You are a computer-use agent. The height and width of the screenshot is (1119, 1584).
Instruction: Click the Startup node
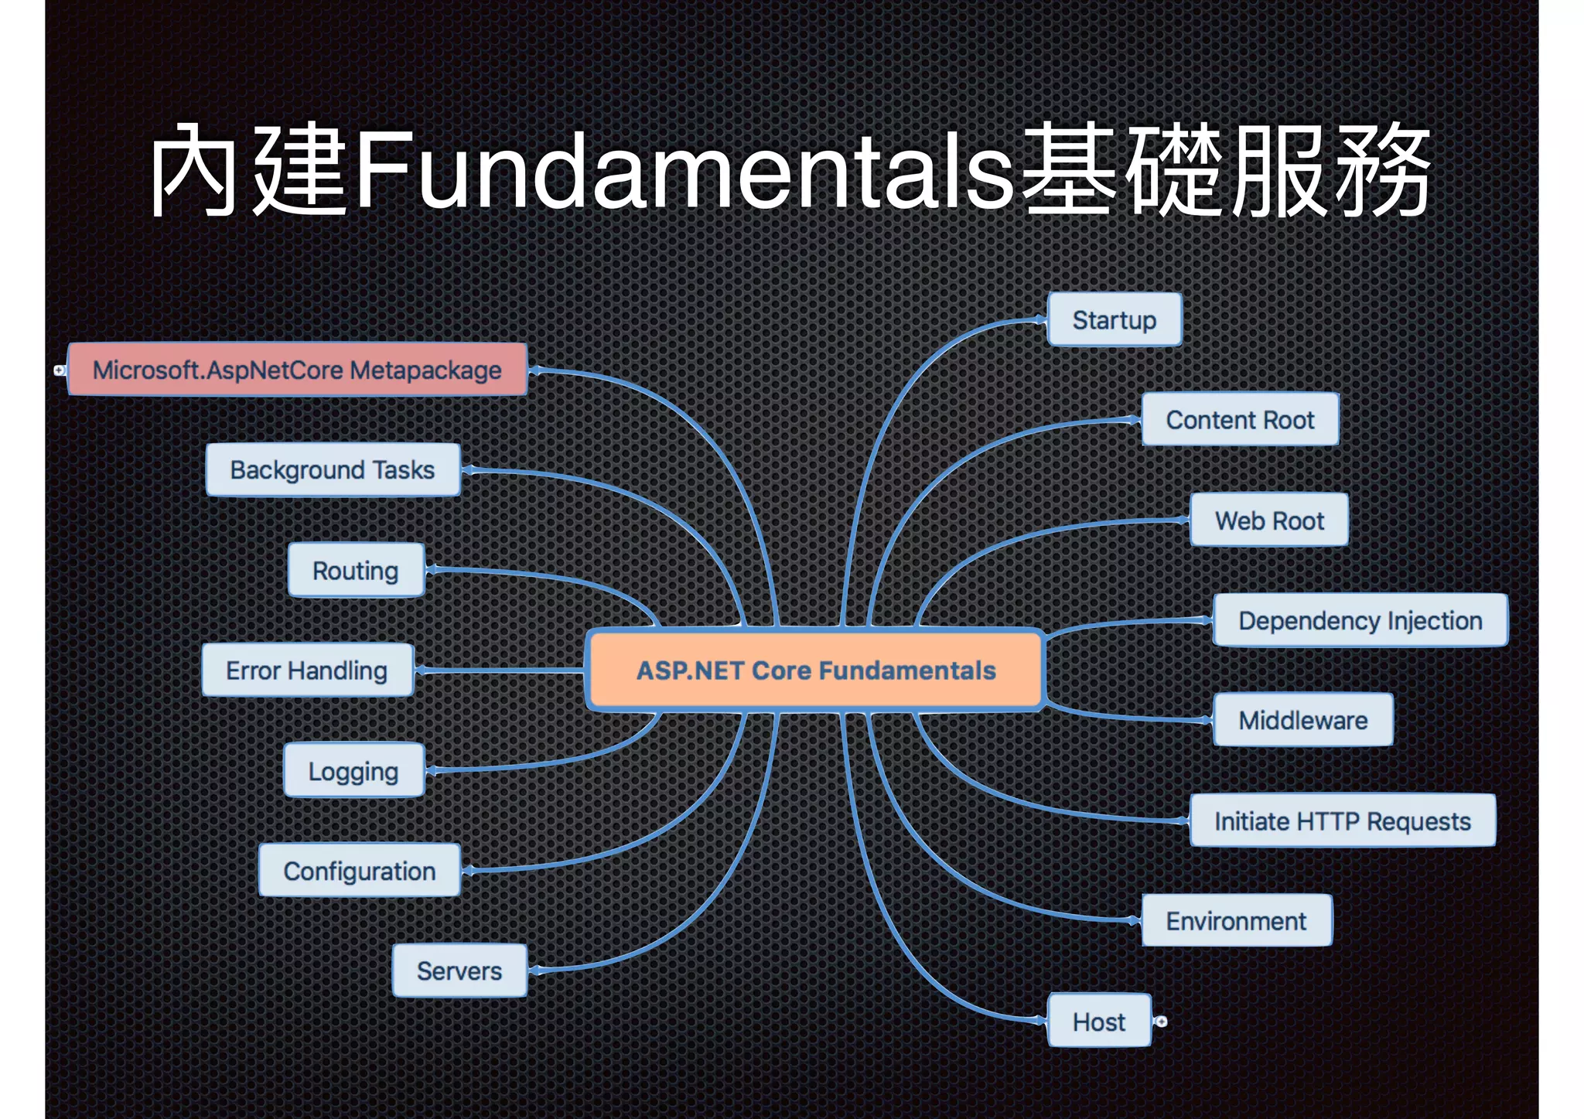tap(1114, 319)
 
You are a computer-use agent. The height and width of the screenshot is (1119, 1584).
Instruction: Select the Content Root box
tap(1240, 420)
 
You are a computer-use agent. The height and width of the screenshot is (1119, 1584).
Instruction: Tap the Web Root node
tap(1269, 520)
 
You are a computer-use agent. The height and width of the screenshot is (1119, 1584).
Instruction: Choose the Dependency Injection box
tap(1360, 620)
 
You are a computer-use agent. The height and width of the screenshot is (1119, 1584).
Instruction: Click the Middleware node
tap(1302, 720)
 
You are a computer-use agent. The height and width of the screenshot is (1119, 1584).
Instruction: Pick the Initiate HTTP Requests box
tap(1342, 820)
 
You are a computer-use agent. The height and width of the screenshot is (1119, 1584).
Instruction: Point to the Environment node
tap(1236, 921)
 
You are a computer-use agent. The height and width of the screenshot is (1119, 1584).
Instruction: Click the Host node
tap(1098, 1022)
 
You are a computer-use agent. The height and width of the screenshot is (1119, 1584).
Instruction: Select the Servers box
tap(459, 971)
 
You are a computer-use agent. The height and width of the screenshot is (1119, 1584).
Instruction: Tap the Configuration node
tap(360, 871)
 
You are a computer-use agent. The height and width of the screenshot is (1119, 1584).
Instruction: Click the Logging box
tap(353, 771)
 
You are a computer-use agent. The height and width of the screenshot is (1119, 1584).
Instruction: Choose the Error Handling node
tap(307, 670)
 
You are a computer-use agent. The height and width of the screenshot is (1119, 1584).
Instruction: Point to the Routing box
tap(356, 571)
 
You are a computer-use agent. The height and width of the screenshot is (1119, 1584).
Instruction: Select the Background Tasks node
tap(333, 469)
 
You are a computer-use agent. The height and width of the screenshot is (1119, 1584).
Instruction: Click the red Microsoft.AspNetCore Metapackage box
tap(297, 370)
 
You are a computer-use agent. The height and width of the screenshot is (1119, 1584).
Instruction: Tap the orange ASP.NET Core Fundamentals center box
tap(815, 670)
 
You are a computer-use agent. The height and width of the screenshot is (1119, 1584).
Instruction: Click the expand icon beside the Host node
tap(1161, 1022)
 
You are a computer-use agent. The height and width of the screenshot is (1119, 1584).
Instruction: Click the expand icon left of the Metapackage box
tap(60, 370)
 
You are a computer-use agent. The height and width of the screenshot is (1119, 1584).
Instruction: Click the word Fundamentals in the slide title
tap(684, 170)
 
